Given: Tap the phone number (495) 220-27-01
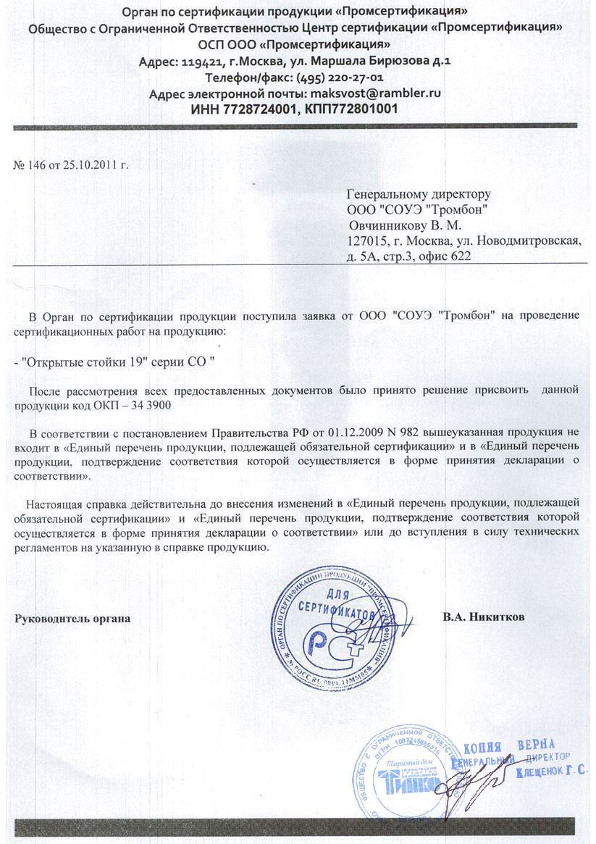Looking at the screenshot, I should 340,78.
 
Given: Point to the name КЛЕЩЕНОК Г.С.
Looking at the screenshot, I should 551,773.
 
